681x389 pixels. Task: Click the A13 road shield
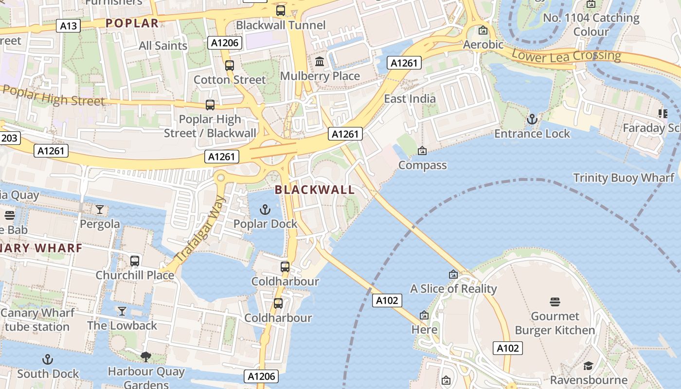coord(68,26)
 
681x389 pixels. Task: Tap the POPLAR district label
coord(132,23)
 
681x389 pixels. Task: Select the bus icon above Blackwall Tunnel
coord(281,10)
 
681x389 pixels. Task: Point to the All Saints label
coord(163,46)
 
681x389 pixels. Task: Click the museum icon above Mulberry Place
coord(320,62)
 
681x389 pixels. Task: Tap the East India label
coord(410,99)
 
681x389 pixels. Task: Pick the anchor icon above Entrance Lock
coord(532,119)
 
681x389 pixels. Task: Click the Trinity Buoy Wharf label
coord(624,178)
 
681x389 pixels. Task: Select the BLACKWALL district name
coord(315,190)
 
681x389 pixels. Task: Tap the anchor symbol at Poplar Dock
coord(265,210)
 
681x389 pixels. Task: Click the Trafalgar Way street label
coord(201,229)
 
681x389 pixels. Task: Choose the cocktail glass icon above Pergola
coord(100,210)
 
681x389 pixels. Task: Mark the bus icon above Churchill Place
coord(135,261)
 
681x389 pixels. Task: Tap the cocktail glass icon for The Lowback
coord(122,311)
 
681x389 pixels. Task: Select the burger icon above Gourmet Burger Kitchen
coord(555,302)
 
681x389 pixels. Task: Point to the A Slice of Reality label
coord(453,289)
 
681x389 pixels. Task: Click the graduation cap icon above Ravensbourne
coord(589,366)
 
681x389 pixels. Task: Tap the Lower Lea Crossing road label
coord(566,55)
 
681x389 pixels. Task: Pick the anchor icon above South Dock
coord(48,360)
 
